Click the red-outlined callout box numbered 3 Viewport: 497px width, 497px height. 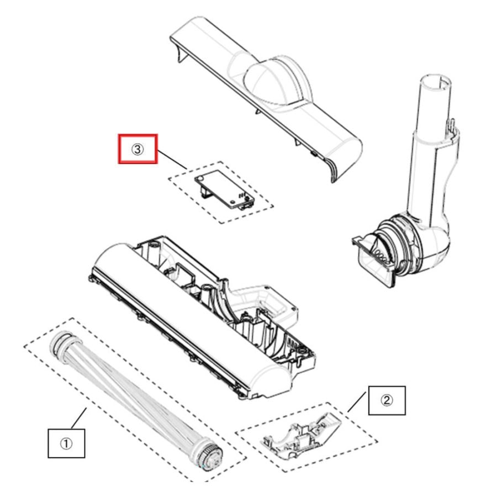pos(138,149)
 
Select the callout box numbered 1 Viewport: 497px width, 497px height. pos(66,443)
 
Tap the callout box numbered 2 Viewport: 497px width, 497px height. pos(387,400)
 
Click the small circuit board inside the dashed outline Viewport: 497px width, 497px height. pos(224,189)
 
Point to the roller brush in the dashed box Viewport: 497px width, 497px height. pos(136,399)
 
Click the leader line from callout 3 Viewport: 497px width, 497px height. pos(172,160)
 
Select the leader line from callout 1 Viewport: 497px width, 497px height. pos(79,419)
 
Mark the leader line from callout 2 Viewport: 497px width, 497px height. pos(357,401)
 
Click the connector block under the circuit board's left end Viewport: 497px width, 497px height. pos(204,191)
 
